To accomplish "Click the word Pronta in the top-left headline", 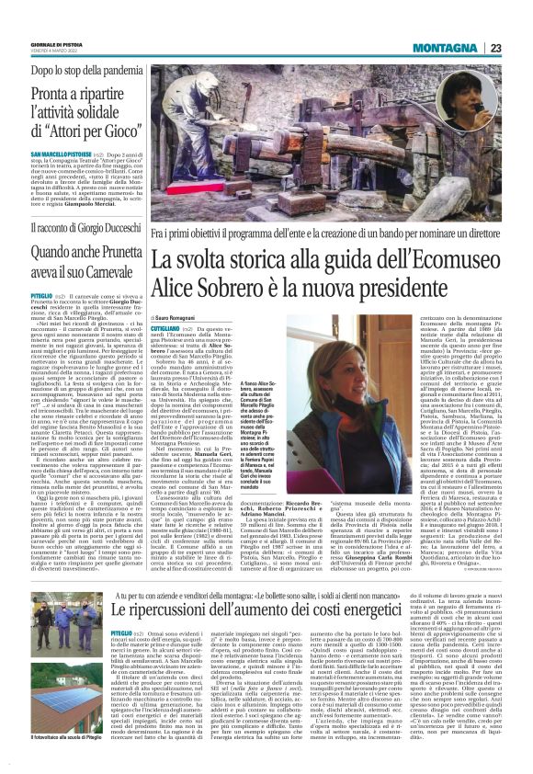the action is (x=52, y=95).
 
